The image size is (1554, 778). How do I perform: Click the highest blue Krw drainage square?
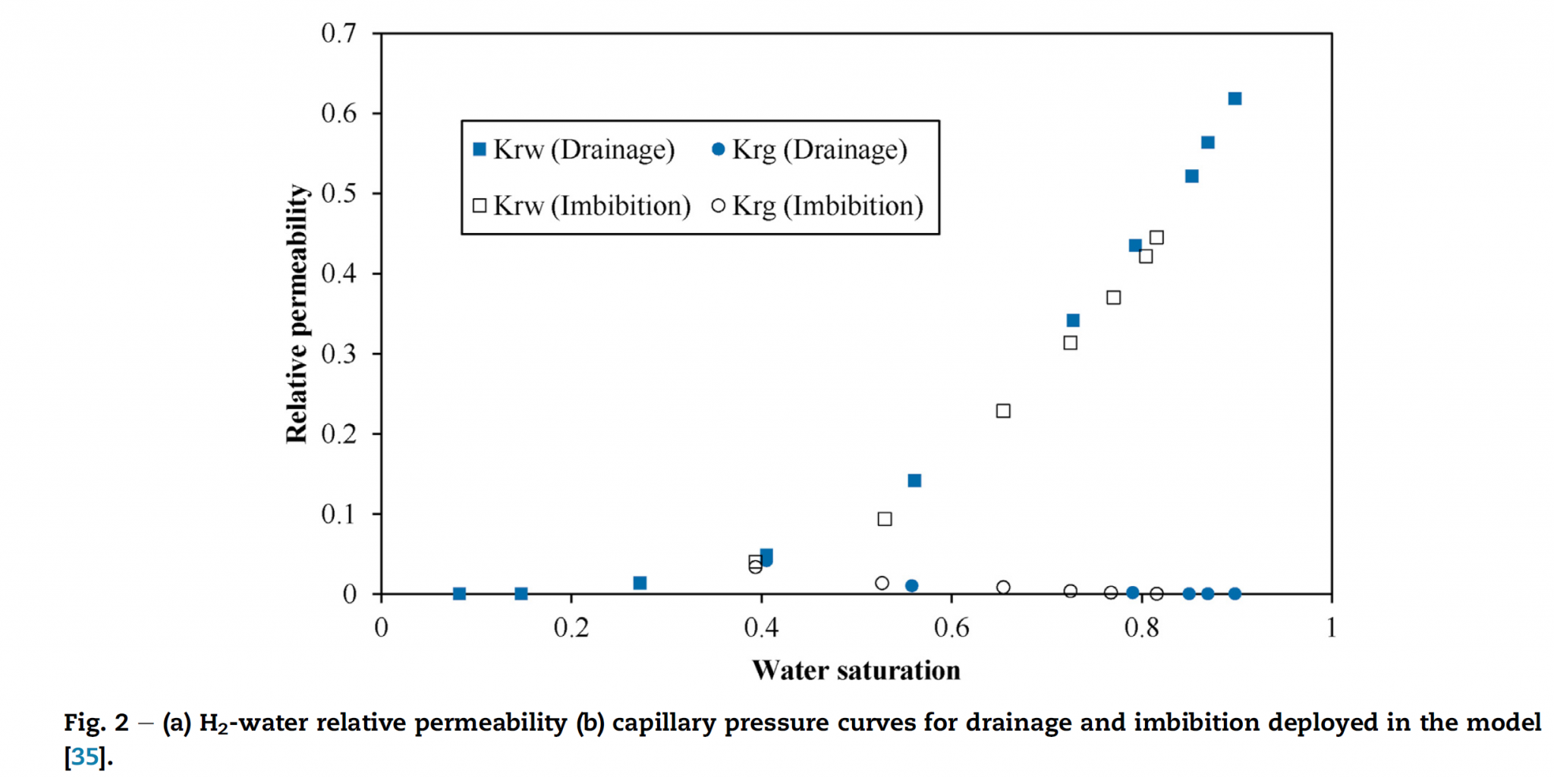tap(1235, 99)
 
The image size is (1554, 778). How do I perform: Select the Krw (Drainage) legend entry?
tap(574, 150)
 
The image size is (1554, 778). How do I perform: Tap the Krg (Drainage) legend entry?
tap(810, 150)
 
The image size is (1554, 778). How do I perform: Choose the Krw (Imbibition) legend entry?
tap(582, 206)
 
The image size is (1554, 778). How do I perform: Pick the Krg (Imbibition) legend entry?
tap(818, 206)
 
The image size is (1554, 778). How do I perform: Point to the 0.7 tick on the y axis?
tap(338, 33)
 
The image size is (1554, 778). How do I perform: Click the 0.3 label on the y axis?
tap(338, 354)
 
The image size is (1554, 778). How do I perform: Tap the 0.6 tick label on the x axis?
tap(952, 628)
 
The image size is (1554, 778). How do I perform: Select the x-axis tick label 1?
tap(1331, 628)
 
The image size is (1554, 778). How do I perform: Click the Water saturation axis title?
tap(856, 670)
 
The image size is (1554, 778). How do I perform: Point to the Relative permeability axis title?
tap(297, 313)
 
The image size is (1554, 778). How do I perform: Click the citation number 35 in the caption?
tap(85, 757)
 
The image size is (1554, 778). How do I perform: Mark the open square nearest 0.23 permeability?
tap(1003, 411)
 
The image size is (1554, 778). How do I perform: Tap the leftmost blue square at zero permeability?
tap(459, 594)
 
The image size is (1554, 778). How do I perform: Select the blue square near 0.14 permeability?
tap(914, 480)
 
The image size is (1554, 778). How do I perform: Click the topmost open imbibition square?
tap(1156, 238)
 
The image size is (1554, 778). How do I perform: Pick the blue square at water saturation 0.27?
tap(640, 583)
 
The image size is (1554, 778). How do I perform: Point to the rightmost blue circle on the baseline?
tap(1235, 594)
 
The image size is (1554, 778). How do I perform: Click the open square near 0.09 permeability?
tap(885, 519)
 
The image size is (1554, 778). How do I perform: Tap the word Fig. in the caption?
tap(84, 723)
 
